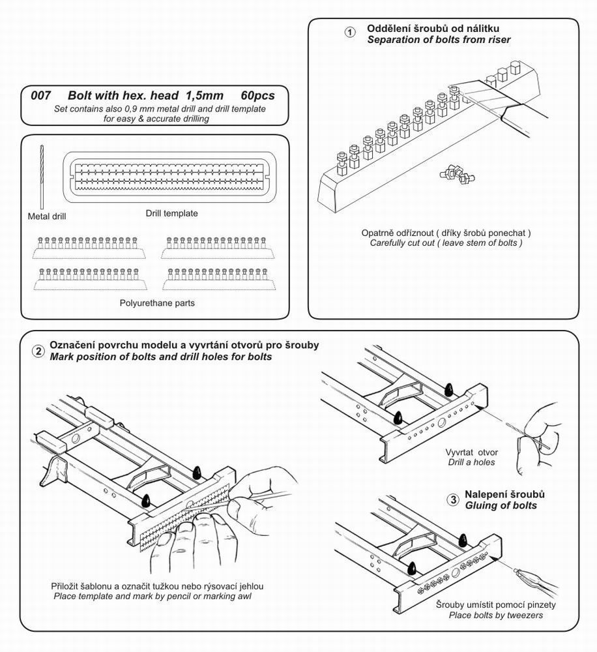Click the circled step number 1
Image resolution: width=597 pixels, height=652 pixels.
350,33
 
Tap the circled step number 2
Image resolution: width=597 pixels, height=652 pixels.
38,351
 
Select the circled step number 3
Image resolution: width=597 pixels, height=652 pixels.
453,500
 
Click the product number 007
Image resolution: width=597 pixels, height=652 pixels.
41,95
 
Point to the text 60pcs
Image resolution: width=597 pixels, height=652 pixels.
257,95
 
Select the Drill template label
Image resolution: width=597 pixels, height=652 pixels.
172,213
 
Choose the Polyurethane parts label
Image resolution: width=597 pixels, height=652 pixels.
157,303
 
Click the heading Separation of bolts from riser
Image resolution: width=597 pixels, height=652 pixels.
439,40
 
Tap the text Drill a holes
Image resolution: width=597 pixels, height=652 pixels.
471,462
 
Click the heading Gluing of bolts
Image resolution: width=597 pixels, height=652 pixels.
501,505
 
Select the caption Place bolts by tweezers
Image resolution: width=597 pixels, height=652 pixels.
495,615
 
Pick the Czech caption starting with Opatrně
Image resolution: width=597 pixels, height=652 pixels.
446,233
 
